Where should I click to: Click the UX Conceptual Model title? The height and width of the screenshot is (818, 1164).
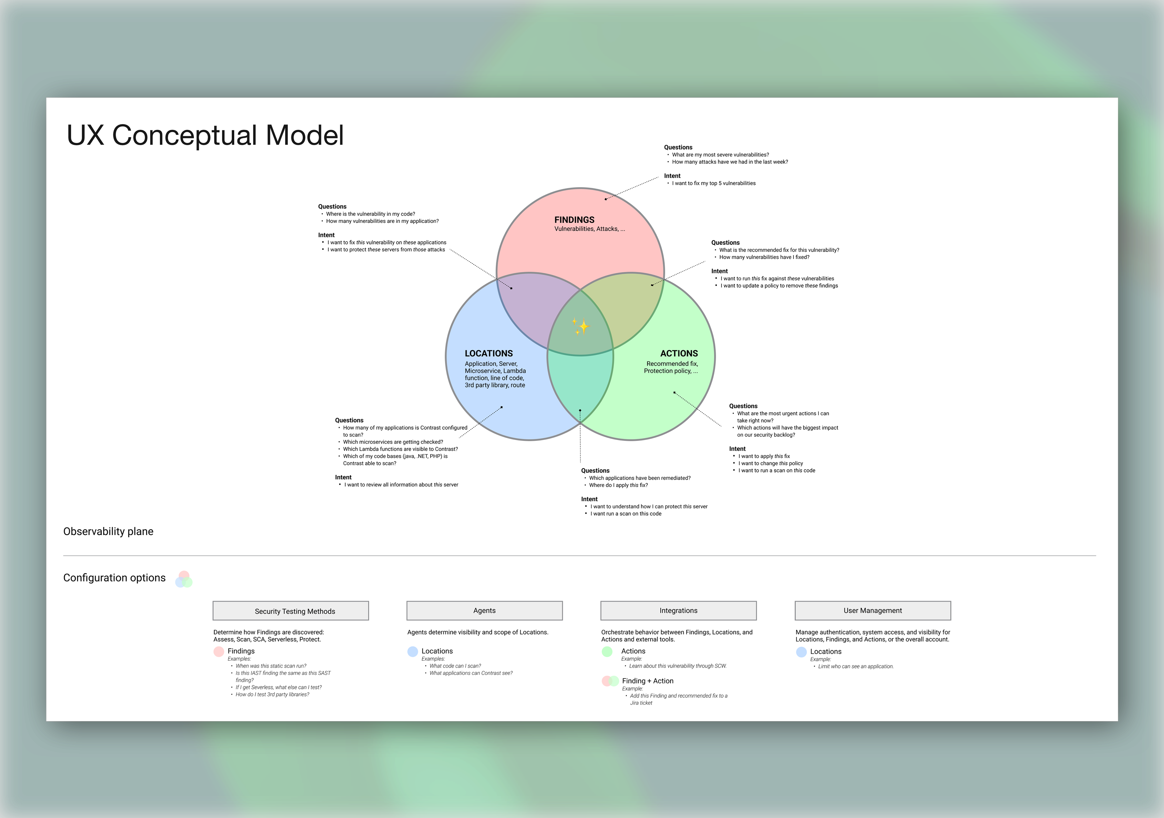click(x=205, y=136)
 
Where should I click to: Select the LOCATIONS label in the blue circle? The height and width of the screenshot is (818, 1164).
click(x=488, y=353)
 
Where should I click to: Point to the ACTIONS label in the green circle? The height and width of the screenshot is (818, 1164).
click(x=678, y=353)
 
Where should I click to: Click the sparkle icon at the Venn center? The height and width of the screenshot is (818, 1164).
click(x=581, y=326)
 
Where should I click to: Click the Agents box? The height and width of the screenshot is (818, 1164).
click(x=484, y=610)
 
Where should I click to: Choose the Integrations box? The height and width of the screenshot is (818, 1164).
click(x=678, y=610)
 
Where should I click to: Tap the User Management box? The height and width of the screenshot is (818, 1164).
click(x=872, y=610)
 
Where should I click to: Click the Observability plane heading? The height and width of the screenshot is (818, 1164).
click(x=108, y=531)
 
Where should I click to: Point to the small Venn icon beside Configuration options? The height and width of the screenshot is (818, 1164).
click(x=183, y=579)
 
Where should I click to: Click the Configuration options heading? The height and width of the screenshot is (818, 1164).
click(x=114, y=578)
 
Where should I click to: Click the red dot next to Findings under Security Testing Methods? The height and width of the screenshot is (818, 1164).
click(x=219, y=652)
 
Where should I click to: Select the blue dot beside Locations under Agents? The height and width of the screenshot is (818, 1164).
click(x=413, y=652)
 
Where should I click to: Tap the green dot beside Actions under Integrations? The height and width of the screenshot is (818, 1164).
click(x=607, y=652)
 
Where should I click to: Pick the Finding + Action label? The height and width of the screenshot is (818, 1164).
click(x=647, y=681)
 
